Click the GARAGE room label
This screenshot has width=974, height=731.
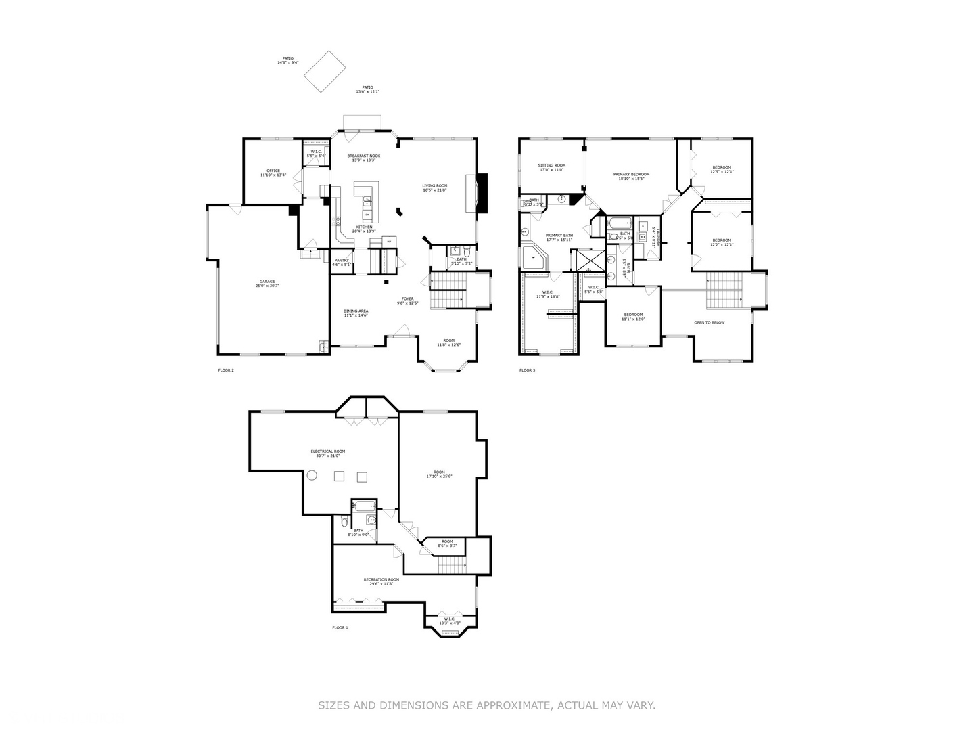tap(267, 282)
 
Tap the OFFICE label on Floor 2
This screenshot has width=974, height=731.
tap(273, 171)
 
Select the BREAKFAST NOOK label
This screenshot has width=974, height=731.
tap(364, 156)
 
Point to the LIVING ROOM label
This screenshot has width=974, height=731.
tap(435, 186)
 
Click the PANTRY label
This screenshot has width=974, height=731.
tap(342, 261)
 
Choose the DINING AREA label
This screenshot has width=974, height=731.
tap(355, 311)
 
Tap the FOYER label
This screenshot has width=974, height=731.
tap(407, 299)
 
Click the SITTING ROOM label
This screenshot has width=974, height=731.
tap(551, 166)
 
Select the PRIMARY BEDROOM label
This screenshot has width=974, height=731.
tap(631, 175)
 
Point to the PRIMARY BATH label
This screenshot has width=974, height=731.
tap(559, 236)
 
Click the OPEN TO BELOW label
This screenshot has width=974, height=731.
tap(709, 323)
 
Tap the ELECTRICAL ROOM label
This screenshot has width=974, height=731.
tap(327, 451)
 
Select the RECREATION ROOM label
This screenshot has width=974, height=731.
tap(381, 580)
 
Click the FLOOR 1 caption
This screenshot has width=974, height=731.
tap(340, 628)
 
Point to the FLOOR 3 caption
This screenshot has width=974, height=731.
tap(527, 370)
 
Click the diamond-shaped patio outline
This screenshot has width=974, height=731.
tap(325, 71)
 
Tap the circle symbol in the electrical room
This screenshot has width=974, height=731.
tap(312, 476)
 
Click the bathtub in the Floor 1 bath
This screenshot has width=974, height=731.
tap(364, 507)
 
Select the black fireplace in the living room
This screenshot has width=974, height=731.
tap(482, 193)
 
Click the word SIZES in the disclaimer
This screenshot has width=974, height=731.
tap(333, 705)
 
